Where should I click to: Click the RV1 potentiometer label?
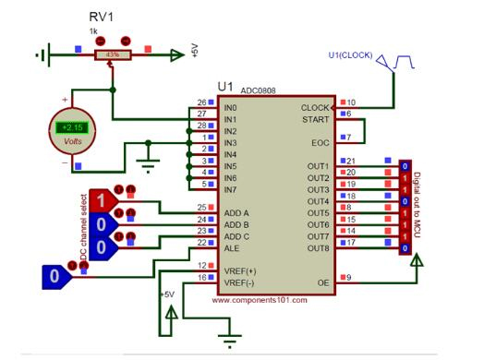click(102, 18)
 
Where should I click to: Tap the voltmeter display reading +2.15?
click(69, 126)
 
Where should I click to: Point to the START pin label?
click(314, 119)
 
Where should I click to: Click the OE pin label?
click(322, 282)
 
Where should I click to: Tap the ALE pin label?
click(233, 247)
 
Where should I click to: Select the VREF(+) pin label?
click(240, 270)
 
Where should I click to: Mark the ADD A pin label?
click(236, 213)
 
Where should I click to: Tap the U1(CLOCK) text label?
click(350, 55)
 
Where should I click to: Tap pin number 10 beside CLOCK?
click(350, 102)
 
